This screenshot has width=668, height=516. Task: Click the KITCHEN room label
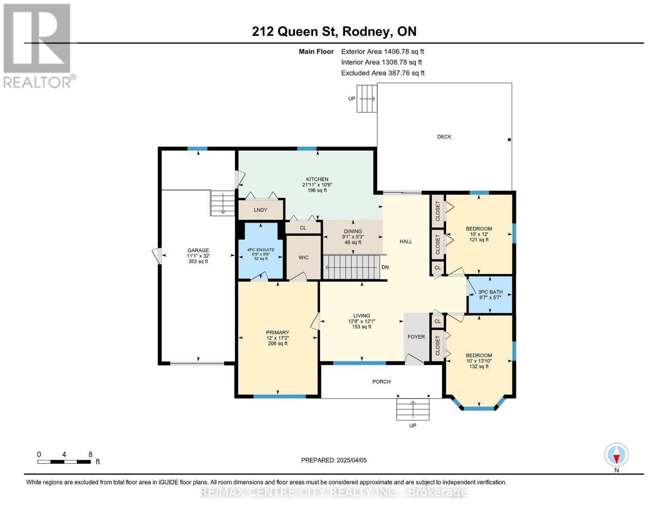tap(317, 179)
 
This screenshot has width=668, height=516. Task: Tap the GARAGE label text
tap(198, 250)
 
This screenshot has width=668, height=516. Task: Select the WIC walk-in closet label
tap(303, 258)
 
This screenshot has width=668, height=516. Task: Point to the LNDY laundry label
tap(260, 210)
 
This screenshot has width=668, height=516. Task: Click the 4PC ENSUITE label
tap(261, 250)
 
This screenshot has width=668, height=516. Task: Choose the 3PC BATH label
tap(490, 292)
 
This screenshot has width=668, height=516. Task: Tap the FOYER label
tap(416, 337)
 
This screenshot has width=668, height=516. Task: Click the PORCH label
tap(382, 382)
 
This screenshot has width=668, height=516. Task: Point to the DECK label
tap(444, 137)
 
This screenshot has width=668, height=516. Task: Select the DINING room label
tap(353, 231)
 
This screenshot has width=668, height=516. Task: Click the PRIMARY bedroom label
tap(277, 332)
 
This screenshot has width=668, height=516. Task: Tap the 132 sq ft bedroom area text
tap(479, 366)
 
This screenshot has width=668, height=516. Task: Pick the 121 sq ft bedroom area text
tap(479, 240)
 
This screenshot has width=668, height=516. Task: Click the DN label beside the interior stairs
tap(385, 267)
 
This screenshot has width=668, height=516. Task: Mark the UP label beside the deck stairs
tap(352, 98)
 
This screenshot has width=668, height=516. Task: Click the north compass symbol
tap(616, 455)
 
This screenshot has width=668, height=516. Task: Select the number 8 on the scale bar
tap(90, 455)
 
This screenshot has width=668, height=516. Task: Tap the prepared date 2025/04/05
tap(352, 460)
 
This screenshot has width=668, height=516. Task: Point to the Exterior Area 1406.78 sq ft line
tap(382, 52)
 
